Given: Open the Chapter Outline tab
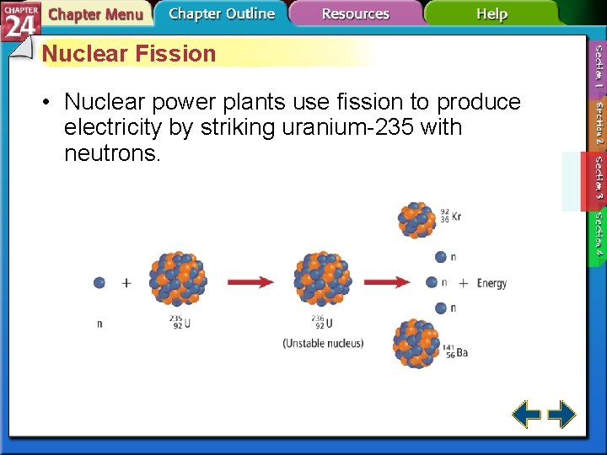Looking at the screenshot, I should point(221,13).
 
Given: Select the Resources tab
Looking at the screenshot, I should point(355,13).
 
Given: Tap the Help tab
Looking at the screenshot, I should point(492,13).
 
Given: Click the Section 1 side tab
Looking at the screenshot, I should point(597,67).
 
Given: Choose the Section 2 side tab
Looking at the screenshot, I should point(597,123).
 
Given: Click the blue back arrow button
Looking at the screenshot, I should point(526,414).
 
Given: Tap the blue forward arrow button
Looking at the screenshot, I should point(561,414).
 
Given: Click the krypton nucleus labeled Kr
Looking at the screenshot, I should point(417,219).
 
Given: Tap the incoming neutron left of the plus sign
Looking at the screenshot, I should point(99,282).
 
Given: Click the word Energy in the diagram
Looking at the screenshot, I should point(492,283).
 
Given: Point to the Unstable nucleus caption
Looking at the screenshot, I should point(323,343).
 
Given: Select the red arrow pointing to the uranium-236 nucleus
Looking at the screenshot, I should point(250,282).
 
